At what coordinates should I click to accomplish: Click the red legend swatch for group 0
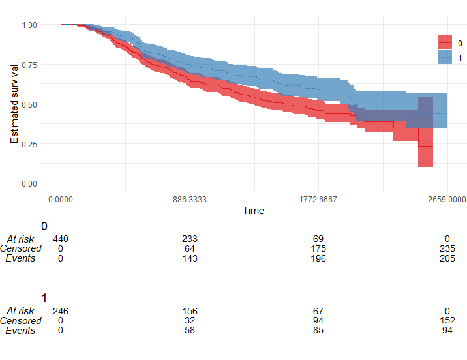[445, 42]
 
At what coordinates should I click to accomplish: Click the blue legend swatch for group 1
[445, 58]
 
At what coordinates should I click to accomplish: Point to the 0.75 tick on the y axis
[29, 65]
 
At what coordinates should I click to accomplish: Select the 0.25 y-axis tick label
[29, 143]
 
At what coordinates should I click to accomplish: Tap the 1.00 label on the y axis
[29, 25]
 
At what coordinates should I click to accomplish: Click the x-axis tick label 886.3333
[189, 199]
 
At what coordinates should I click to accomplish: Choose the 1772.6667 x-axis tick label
[318, 199]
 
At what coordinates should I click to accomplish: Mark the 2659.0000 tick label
[447, 199]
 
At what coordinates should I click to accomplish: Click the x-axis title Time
[254, 210]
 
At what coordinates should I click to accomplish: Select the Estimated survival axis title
[14, 104]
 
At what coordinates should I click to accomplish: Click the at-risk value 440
[61, 239]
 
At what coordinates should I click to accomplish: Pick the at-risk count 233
[190, 239]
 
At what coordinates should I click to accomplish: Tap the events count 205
[447, 258]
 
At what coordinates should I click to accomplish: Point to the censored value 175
[318, 248]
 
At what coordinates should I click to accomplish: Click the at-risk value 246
[61, 311]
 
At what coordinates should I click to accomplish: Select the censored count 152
[447, 321]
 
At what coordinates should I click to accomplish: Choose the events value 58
[190, 331]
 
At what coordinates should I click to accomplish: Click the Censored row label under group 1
[21, 321]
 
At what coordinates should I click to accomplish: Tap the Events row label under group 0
[21, 258]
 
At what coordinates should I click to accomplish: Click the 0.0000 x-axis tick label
[61, 199]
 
